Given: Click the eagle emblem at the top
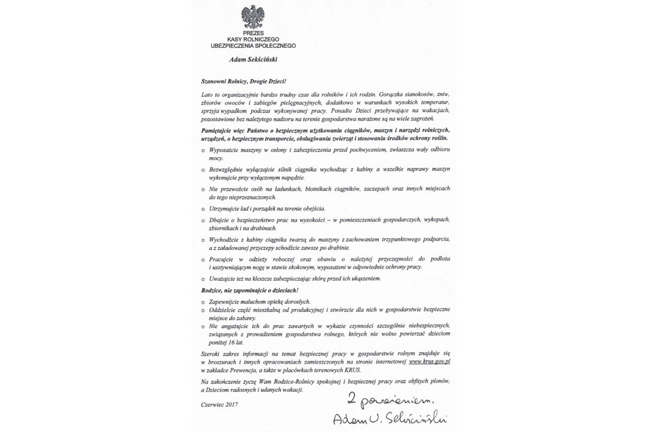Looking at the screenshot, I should coord(253,17).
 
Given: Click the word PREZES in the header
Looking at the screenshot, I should coord(253,33).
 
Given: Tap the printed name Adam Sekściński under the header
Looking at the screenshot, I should coord(253,60).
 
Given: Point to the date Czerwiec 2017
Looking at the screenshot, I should coord(219,404).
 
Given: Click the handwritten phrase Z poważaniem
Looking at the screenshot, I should coord(390,399).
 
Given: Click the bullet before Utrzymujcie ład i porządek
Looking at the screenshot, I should coord(203,209).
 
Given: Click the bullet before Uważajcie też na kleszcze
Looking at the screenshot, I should coord(203,279).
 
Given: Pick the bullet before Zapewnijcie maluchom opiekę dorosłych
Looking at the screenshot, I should coord(203,302).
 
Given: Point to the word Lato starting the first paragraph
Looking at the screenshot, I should coord(208,94).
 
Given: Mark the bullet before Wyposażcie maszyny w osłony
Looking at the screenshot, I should coord(203,150).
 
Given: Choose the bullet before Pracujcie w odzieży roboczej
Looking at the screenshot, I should coord(203,259).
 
